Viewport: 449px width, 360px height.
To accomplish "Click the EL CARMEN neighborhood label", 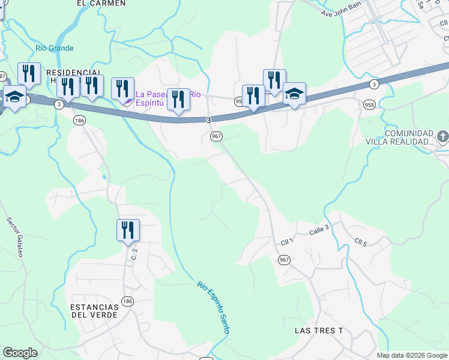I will coord(101,4).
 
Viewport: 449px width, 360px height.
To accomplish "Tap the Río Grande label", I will coord(54,48).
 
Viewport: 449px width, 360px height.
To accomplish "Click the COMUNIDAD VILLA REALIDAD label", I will coord(409,137).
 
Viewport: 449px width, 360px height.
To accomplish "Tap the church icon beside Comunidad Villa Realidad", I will coord(442,137).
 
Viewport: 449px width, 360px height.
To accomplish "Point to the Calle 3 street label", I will coord(319,229).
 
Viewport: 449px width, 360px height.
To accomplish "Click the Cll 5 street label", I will coord(360,242).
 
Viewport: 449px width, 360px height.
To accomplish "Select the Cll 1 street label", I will coord(287,241).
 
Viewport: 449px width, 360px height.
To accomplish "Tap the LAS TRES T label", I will coord(319,331).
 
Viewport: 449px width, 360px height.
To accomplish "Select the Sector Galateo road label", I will coord(14,236).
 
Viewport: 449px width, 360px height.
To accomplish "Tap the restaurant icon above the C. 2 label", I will coord(128,230).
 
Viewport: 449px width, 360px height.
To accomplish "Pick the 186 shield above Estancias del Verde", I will coord(127,300).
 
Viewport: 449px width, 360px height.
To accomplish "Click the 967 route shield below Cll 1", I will coord(284,259).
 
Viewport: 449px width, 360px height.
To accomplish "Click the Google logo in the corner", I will coord(20,353).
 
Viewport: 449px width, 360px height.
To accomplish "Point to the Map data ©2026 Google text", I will coord(411,355).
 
